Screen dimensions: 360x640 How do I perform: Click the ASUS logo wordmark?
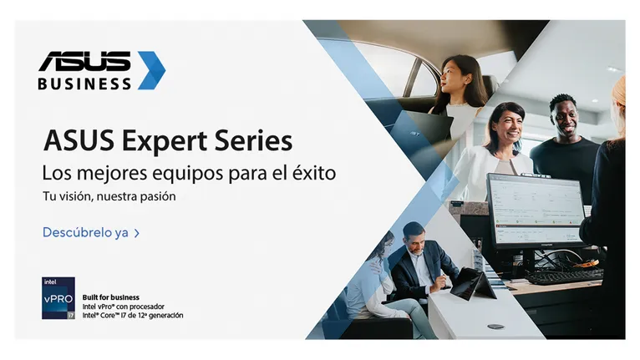(x=84, y=61)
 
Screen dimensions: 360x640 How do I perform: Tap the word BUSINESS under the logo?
(x=84, y=84)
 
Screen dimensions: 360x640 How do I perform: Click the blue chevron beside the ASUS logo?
(x=152, y=70)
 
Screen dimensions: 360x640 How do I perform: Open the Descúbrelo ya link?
(x=85, y=232)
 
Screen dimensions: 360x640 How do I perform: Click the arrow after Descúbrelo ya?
(x=136, y=233)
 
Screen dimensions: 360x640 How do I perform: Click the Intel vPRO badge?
(x=58, y=298)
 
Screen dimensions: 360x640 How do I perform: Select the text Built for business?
(x=110, y=297)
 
